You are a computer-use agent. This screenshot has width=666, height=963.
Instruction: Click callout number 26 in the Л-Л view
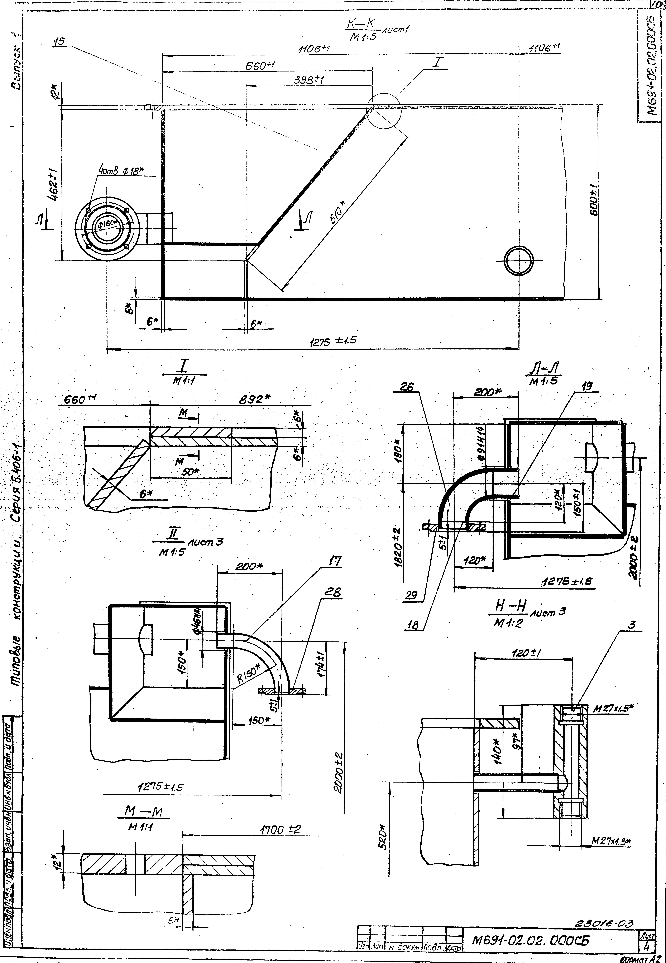point(407,387)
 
